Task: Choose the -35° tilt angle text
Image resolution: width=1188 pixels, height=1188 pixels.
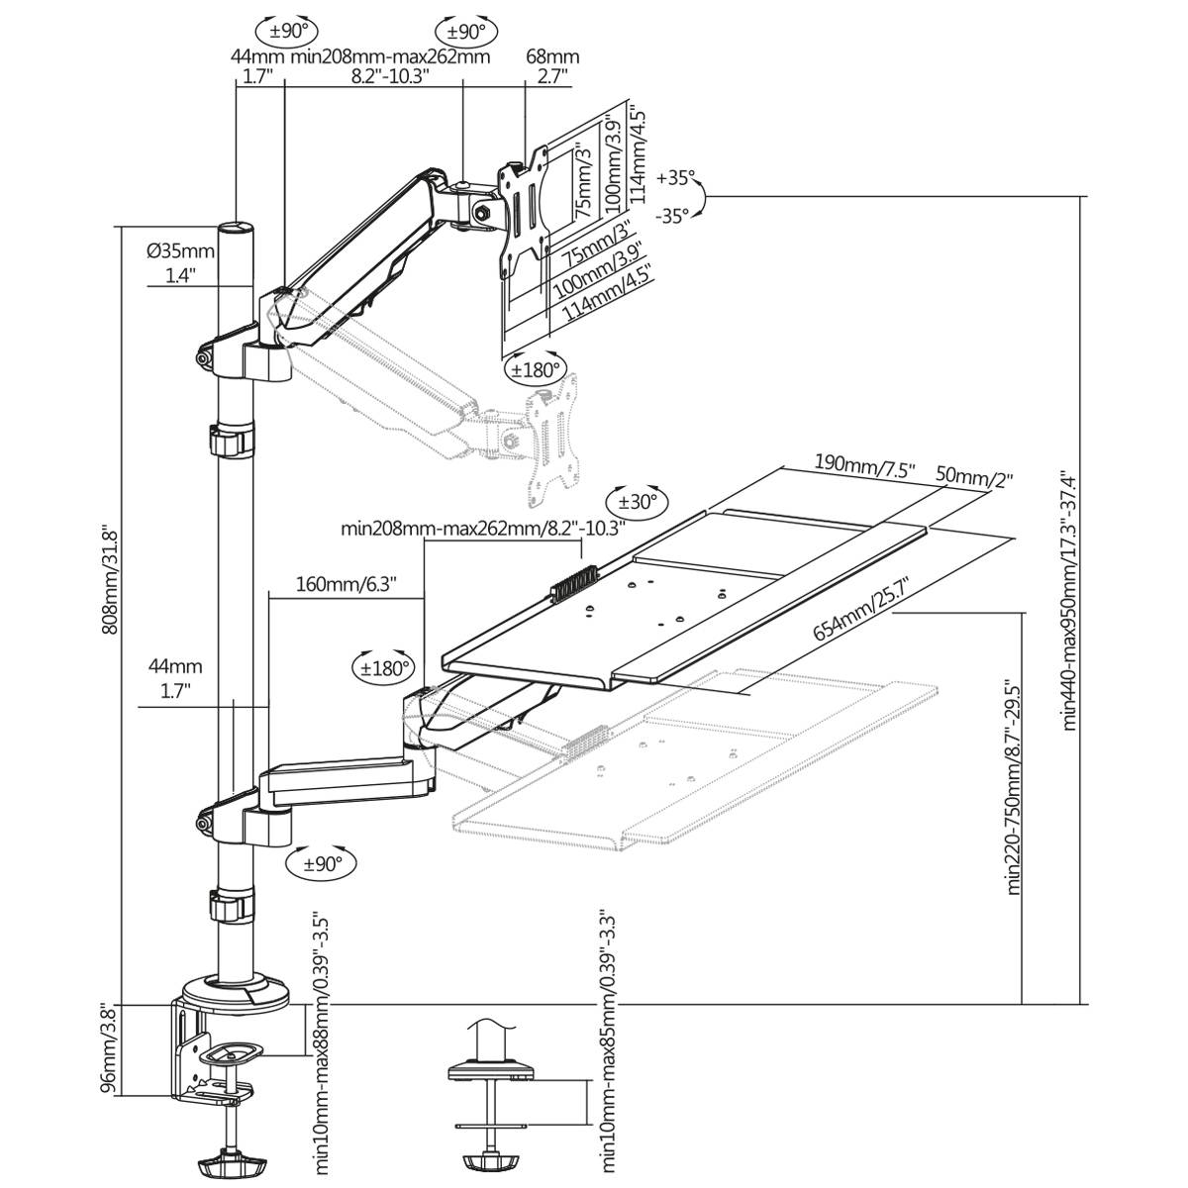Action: point(675,215)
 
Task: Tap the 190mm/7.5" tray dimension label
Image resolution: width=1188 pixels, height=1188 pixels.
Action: point(864,463)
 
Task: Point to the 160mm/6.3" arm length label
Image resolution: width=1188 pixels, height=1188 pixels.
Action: point(346,583)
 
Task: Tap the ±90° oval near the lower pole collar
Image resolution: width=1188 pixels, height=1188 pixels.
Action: point(322,862)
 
